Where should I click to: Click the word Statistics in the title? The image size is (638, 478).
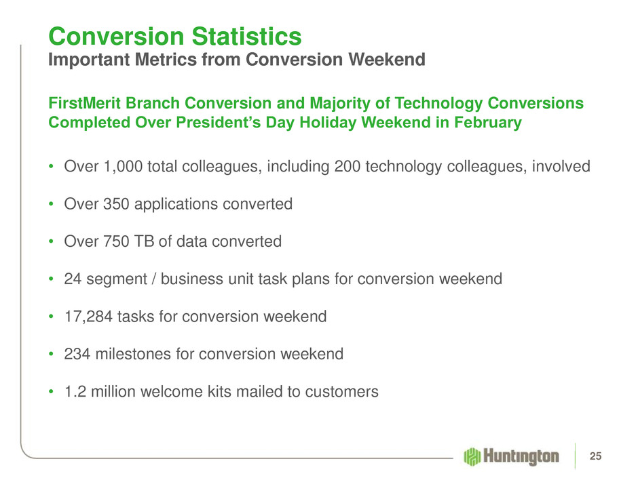click(246, 37)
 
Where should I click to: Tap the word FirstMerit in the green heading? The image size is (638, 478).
click(85, 103)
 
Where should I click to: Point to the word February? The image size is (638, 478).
click(488, 123)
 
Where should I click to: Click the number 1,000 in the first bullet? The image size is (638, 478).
click(123, 167)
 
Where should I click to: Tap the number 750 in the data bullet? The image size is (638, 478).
click(116, 241)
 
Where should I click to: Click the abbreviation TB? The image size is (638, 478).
click(145, 241)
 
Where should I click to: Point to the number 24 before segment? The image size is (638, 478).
click(73, 279)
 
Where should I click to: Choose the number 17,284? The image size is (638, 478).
click(88, 317)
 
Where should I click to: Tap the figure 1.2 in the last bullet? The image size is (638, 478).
click(75, 392)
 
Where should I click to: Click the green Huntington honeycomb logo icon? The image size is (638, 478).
click(472, 456)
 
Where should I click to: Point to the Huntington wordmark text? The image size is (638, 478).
click(521, 456)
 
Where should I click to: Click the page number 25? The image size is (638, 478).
click(595, 456)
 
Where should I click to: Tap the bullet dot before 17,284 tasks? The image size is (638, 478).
click(51, 316)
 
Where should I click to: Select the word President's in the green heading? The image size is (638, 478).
click(218, 123)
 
